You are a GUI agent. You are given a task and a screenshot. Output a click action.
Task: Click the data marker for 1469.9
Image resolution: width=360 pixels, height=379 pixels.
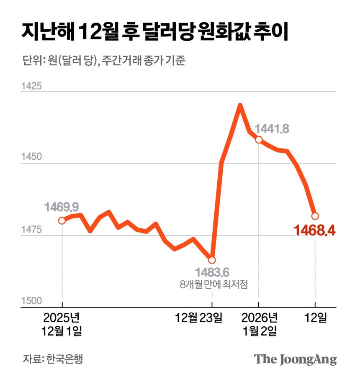coord(62,220)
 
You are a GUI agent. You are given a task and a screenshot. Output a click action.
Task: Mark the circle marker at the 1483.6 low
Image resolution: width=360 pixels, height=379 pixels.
coord(212,260)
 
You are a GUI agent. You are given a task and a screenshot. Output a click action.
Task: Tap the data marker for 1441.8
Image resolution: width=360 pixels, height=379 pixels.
coord(259,140)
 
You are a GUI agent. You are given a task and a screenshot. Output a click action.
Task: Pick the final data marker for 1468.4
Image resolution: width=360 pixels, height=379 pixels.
coord(315,216)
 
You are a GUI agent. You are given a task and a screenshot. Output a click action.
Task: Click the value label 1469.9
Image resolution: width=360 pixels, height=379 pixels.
coord(62,207)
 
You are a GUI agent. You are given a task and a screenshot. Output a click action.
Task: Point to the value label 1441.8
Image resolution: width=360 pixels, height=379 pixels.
coord(272,129)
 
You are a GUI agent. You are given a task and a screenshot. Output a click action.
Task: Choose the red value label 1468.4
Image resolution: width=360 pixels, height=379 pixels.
coord(315,230)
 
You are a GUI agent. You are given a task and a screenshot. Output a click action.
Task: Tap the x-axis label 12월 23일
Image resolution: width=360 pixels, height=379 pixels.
coord(199,318)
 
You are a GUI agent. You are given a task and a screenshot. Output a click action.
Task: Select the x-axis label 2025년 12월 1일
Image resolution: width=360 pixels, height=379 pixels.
coord(62,324)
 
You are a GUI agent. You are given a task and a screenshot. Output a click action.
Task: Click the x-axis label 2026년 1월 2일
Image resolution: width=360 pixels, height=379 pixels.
coord(260,324)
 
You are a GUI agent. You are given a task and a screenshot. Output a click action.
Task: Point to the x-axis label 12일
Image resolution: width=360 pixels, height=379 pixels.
coord(315,318)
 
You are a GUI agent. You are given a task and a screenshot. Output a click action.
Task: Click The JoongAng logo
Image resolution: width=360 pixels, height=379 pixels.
coord(296,359)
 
